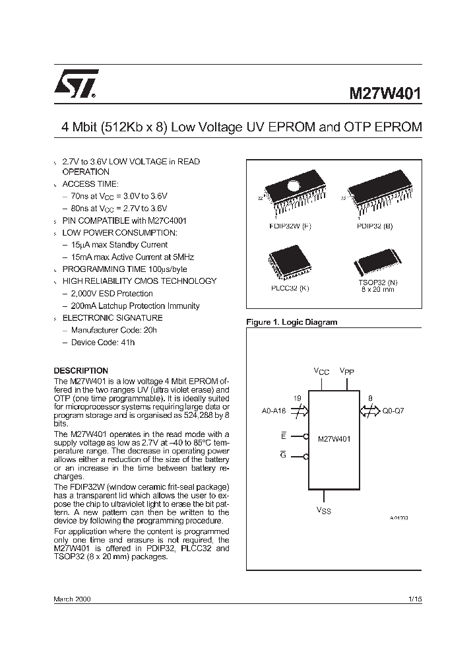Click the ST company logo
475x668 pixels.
[77, 84]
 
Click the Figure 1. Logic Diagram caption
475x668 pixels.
[291, 322]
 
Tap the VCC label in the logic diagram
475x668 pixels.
[321, 372]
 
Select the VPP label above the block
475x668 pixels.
[347, 371]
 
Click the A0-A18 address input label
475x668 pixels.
[273, 410]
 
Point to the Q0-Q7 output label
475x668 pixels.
[393, 410]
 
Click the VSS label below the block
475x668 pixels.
[323, 510]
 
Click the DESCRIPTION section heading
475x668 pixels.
[80, 370]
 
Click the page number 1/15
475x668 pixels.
[414, 599]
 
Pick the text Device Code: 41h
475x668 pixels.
[102, 343]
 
